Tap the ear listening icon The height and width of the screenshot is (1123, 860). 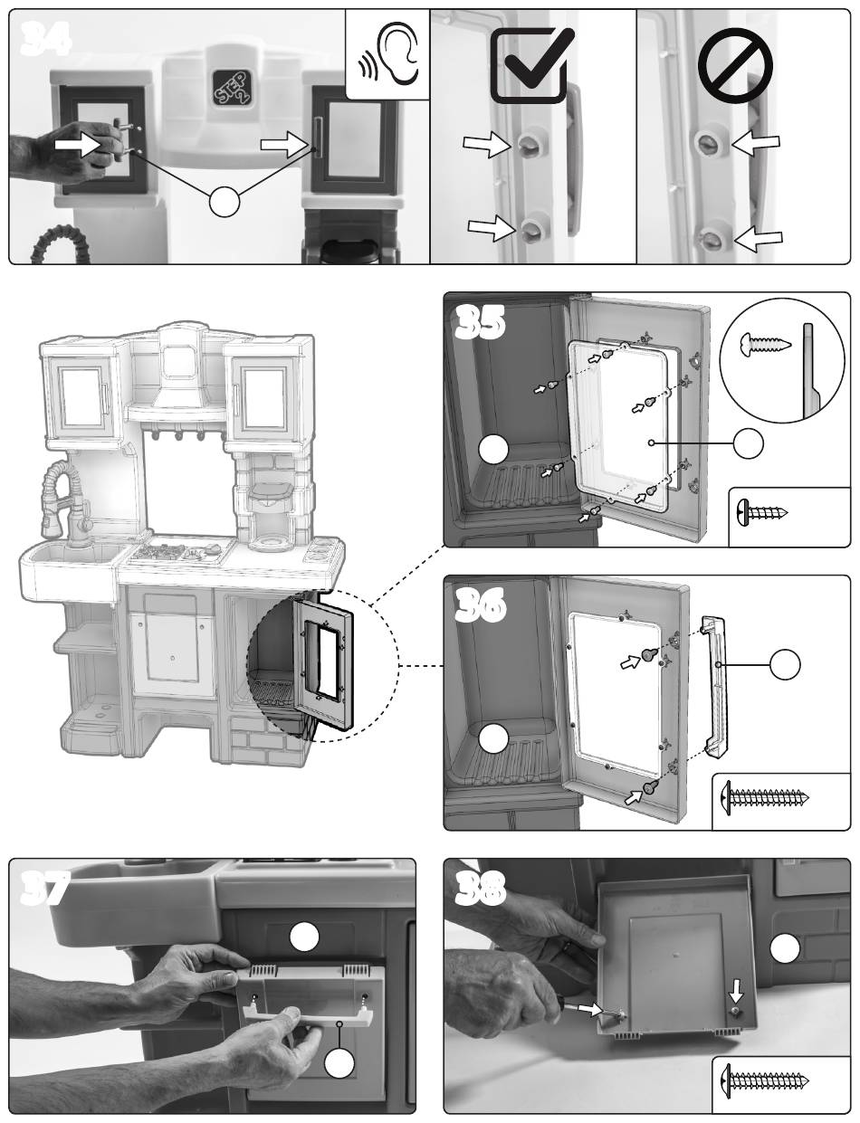[x=387, y=54]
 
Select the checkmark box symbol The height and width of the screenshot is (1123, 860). [x=533, y=64]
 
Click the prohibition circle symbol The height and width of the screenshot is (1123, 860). [x=735, y=66]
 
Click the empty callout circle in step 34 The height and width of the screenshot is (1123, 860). [x=225, y=201]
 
